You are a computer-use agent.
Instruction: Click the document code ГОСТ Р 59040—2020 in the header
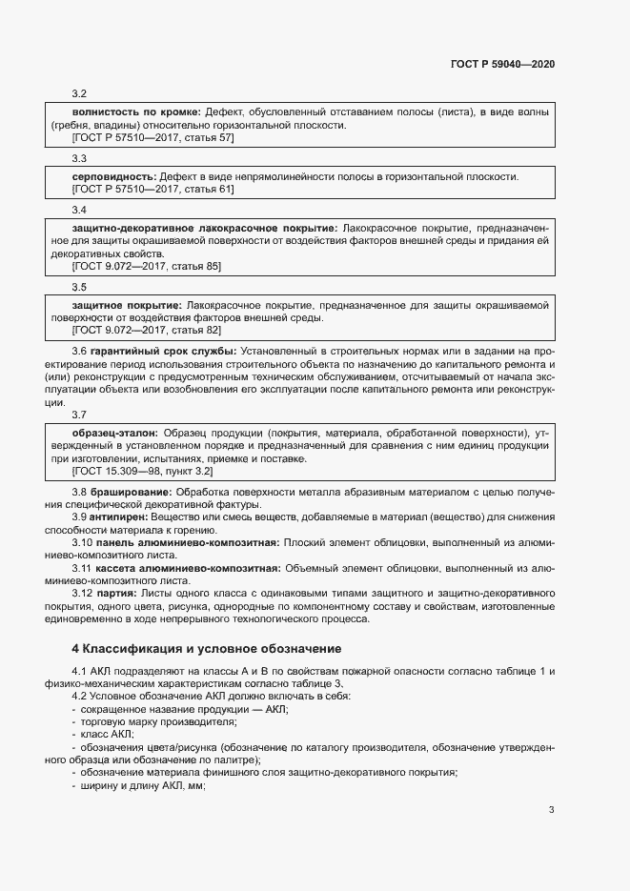(x=502, y=64)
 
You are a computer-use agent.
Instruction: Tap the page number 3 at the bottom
(x=551, y=810)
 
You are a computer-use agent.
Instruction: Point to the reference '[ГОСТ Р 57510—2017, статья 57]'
(x=152, y=137)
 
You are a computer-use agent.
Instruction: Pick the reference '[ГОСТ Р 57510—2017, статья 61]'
(x=152, y=190)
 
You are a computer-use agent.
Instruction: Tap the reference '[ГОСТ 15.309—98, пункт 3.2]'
(x=142, y=471)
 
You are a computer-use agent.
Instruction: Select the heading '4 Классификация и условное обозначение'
(x=207, y=649)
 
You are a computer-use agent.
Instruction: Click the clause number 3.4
(x=80, y=210)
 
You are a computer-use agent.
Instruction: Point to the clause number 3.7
(x=80, y=415)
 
